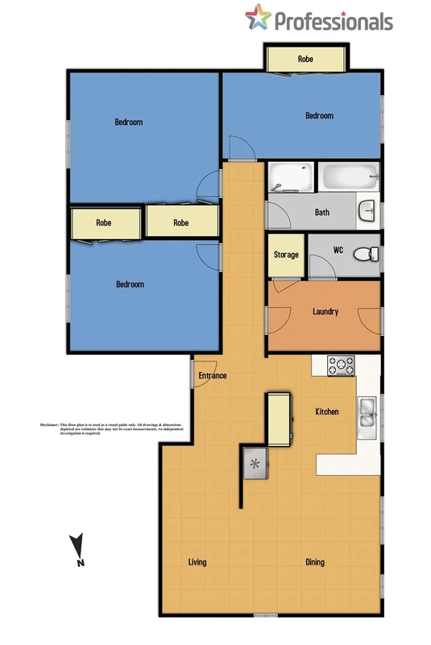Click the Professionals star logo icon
pyautogui.click(x=258, y=17)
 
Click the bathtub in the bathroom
pyautogui.click(x=349, y=177)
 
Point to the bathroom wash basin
pyautogui.click(x=367, y=210)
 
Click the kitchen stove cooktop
pyautogui.click(x=341, y=366)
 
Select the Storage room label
pyautogui.click(x=287, y=254)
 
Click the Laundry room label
pyautogui.click(x=325, y=312)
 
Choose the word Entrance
pyautogui.click(x=213, y=375)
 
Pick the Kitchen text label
pyautogui.click(x=326, y=411)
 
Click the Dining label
pyautogui.click(x=315, y=561)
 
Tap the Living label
pyautogui.click(x=197, y=561)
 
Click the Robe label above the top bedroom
pyautogui.click(x=305, y=59)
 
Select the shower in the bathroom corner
pyautogui.click(x=290, y=177)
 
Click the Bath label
pyautogui.click(x=321, y=213)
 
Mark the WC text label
pyautogui.click(x=338, y=250)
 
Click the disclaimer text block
pyautogui.click(x=100, y=428)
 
